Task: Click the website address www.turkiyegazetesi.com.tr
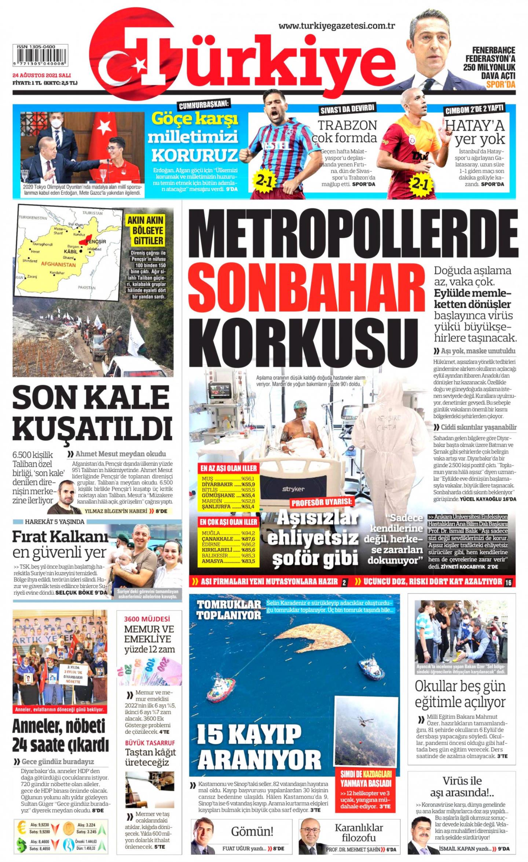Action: [x=336, y=26]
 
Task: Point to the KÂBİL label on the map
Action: [x=71, y=252]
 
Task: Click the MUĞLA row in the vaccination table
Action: [x=228, y=533]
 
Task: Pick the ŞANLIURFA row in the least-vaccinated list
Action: [x=228, y=507]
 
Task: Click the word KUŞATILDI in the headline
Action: [x=92, y=428]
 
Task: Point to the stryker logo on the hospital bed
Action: [x=293, y=489]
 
